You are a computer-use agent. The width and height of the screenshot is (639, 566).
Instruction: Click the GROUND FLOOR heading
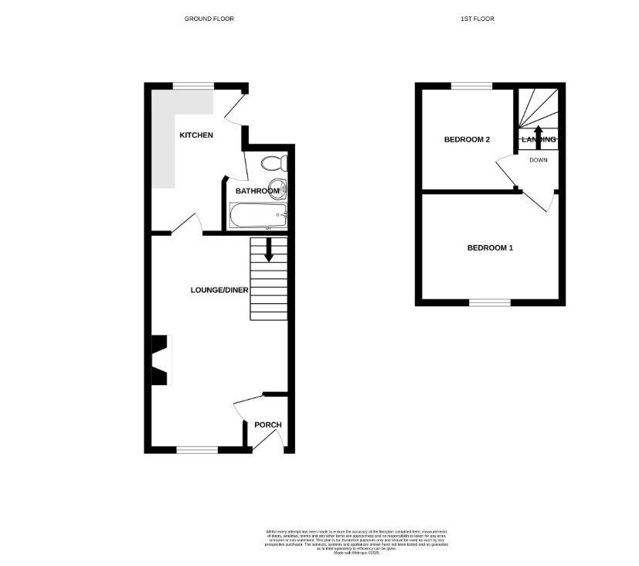209,19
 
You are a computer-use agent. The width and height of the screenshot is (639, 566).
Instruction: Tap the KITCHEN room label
196,135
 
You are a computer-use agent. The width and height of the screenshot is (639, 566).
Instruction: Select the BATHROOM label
257,191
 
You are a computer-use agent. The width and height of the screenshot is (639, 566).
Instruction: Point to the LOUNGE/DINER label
219,290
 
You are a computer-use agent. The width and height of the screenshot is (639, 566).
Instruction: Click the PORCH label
268,424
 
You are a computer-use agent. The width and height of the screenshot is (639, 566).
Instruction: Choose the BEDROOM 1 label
490,248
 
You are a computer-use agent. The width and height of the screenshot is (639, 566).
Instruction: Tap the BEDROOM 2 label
467,140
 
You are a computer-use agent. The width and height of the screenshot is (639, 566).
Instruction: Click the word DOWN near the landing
539,160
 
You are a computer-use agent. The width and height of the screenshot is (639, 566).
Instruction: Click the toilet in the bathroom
274,163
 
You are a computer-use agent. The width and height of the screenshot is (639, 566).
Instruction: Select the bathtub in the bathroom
258,215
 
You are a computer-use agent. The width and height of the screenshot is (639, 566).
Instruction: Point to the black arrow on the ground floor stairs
269,250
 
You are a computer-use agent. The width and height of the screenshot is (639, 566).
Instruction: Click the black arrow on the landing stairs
539,133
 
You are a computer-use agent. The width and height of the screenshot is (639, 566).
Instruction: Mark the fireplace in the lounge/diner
160,360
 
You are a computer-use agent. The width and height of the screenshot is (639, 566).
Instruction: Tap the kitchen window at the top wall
192,85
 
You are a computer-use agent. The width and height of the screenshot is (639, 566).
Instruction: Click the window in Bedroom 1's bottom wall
490,302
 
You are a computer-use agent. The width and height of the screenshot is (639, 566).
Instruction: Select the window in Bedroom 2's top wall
471,86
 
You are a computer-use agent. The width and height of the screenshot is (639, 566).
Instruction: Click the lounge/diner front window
197,449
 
